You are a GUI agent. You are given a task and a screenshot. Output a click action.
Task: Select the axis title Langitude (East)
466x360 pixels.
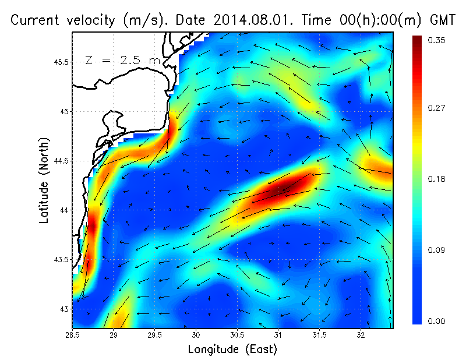232,349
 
